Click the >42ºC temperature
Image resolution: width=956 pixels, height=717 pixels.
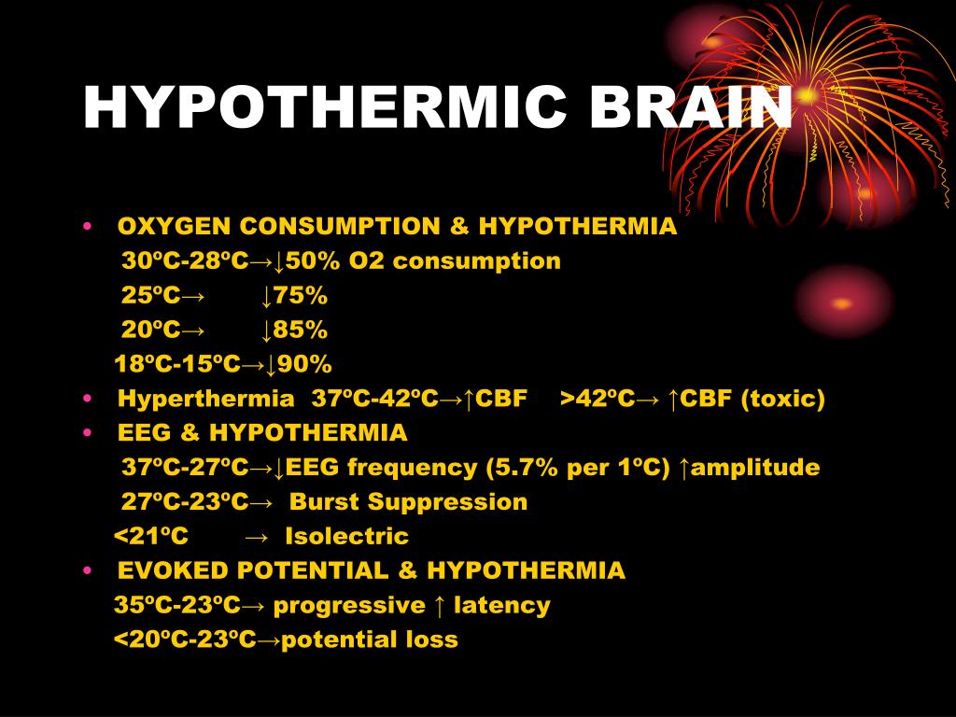tap(597, 400)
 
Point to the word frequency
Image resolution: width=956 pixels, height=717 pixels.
tap(420, 468)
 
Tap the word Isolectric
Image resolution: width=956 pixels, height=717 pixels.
tap(346, 537)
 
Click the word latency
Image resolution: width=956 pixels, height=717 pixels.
tap(501, 605)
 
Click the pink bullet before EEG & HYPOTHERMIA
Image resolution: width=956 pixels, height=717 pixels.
tap(87, 433)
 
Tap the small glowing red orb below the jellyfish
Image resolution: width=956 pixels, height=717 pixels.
tap(841, 302)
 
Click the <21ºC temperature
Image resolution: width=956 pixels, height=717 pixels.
tap(151, 537)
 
